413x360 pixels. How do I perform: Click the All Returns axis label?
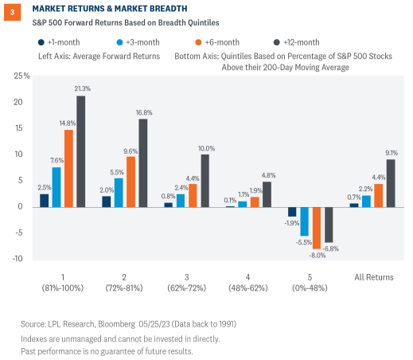(x=374, y=276)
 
